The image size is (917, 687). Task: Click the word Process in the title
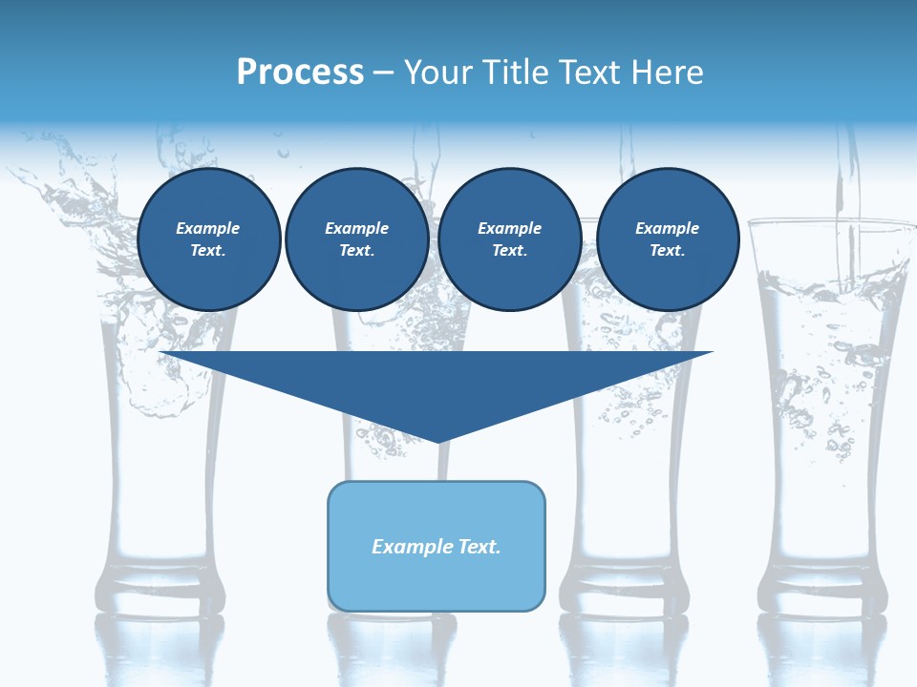coord(300,72)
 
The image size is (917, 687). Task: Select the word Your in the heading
coord(437,72)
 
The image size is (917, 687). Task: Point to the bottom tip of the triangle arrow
coord(438,440)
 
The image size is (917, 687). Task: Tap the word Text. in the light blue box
coord(479,547)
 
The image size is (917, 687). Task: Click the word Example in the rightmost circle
coord(668,228)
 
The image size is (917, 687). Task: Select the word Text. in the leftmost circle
coord(208,251)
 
